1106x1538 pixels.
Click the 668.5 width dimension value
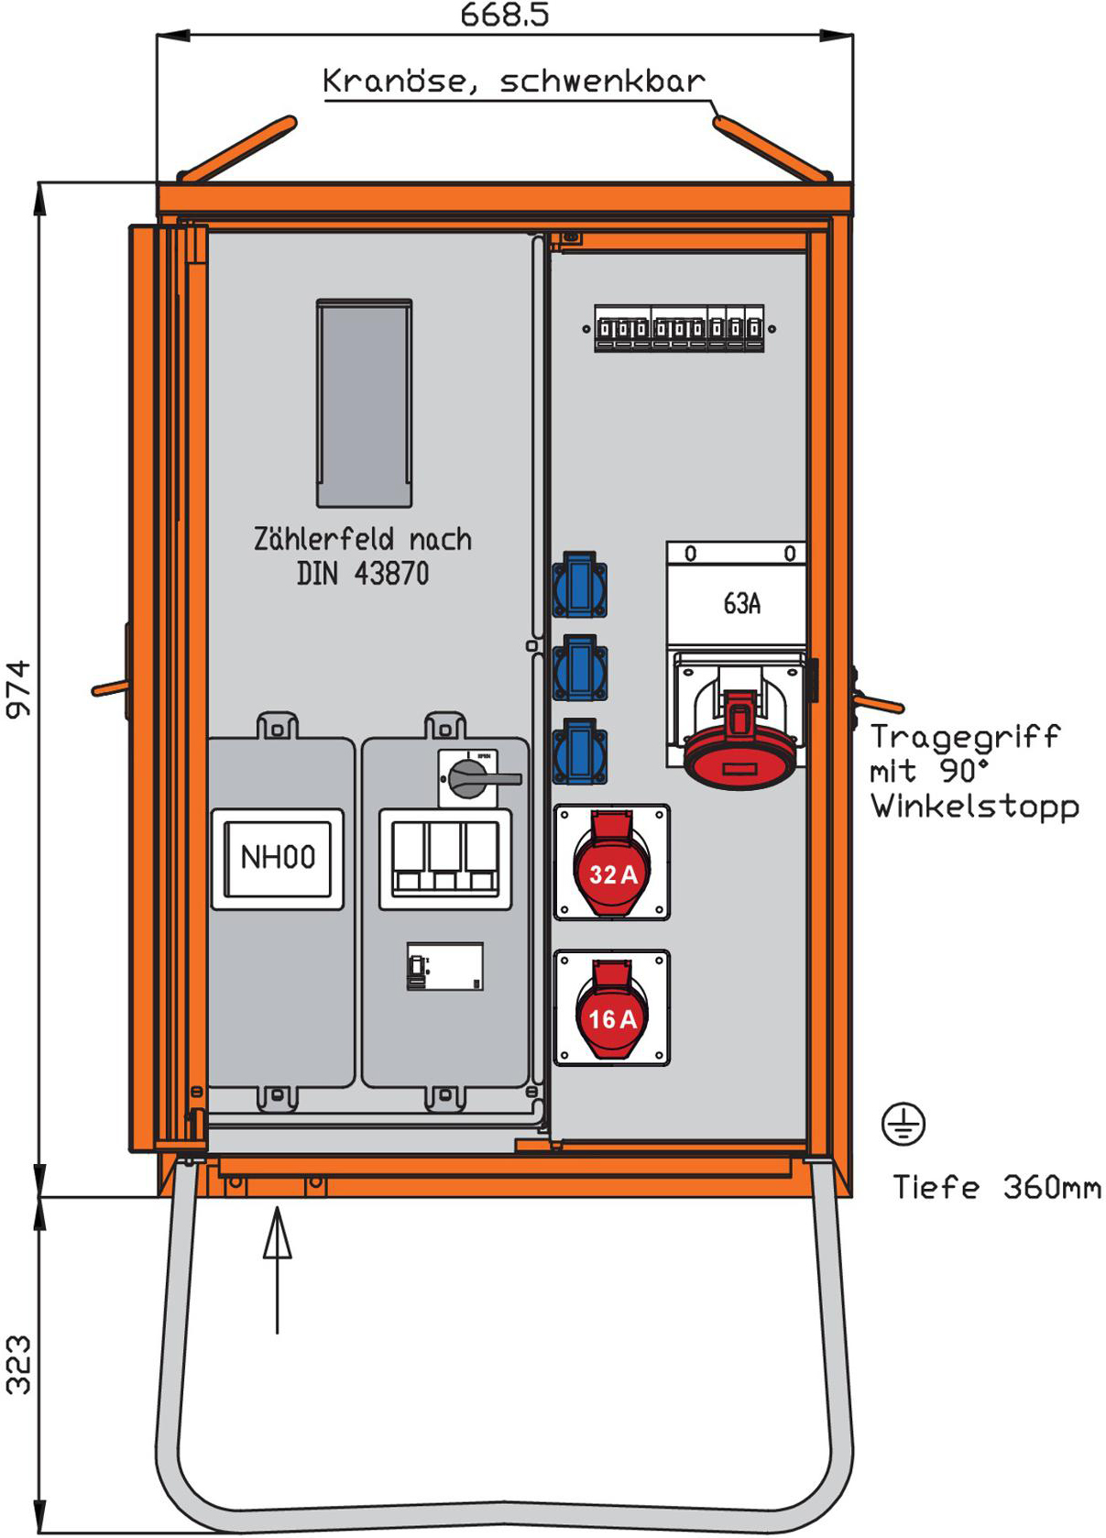[504, 16]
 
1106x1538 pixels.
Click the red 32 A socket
[611, 864]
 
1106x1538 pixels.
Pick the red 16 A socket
[611, 1010]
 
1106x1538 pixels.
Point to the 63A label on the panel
[741, 604]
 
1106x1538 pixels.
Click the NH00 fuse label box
[278, 859]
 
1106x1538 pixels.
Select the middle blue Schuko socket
[579, 668]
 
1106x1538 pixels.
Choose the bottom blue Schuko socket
[579, 751]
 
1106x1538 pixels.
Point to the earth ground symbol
[903, 1125]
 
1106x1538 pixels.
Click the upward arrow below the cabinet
[277, 1269]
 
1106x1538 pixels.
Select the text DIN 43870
[363, 574]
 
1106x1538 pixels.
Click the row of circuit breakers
[678, 328]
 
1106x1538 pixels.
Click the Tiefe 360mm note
[997, 1188]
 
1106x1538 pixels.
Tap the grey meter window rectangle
[364, 403]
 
